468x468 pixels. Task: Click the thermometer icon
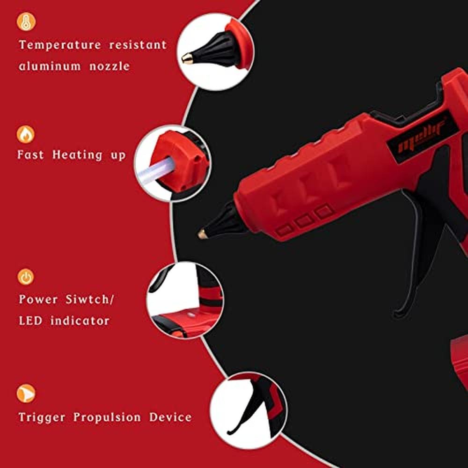pos(26,22)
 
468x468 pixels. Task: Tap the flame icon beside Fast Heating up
pos(26,134)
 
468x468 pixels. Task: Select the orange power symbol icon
pos(26,277)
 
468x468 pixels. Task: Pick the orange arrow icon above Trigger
pos(26,394)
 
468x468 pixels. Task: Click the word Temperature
pos(60,45)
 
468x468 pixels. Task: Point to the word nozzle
pos(110,66)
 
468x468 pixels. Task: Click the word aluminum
pos(50,66)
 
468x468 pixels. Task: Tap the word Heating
pos(77,155)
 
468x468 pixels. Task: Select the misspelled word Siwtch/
pos(89,300)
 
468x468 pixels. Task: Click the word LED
pos(30,321)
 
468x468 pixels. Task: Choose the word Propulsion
pos(107,417)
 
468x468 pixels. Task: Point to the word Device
pos(170,417)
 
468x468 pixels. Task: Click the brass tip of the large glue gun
pos(203,234)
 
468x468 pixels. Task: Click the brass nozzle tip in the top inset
pos(188,58)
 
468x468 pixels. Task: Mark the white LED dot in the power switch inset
pos(191,314)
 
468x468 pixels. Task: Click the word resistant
pos(138,45)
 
